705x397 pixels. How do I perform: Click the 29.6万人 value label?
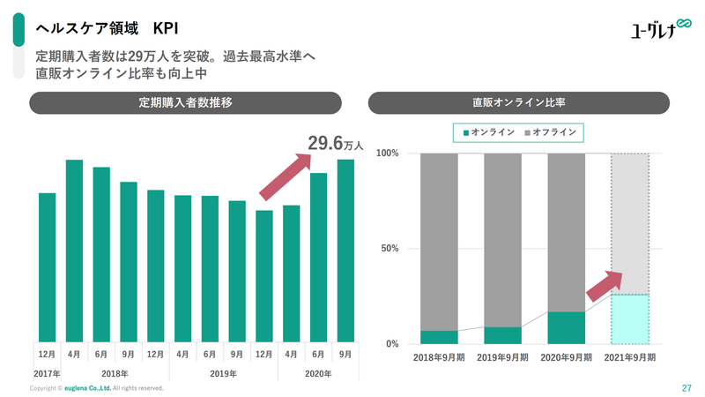tap(336, 144)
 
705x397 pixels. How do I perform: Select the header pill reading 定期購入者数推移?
tap(185, 102)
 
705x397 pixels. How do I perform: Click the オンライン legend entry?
tap(487, 132)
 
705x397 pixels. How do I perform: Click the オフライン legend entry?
tap(552, 132)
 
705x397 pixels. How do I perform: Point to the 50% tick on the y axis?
tap(388, 249)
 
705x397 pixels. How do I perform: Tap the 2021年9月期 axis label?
tap(630, 357)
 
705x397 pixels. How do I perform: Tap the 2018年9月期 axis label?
tap(440, 357)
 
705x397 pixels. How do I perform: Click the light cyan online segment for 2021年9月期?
tap(630, 318)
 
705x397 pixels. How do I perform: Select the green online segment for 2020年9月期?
tap(567, 327)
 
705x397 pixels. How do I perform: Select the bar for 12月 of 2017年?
tap(47, 267)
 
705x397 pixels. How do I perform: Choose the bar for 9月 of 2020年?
tap(345, 251)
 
